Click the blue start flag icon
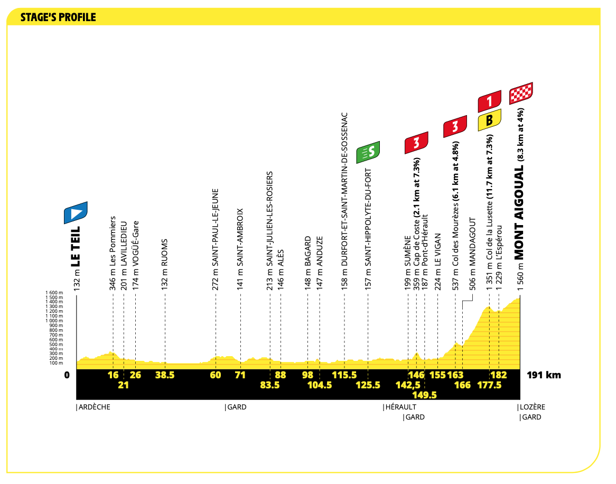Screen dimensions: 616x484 (76, 212)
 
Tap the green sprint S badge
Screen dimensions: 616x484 (368, 152)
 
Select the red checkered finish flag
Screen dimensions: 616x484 (521, 94)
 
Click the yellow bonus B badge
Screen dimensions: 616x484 (490, 120)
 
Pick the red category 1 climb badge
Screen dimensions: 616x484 (490, 101)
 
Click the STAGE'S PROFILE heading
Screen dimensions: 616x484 (58, 17)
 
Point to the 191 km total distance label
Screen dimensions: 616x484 (544, 375)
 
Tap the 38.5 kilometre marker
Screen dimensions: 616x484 (165, 375)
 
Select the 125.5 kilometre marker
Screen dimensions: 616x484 (368, 385)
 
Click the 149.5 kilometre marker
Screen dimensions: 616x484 (424, 395)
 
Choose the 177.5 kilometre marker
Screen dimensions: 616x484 (489, 385)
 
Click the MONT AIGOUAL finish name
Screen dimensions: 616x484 (519, 212)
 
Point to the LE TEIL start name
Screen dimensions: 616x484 (76, 246)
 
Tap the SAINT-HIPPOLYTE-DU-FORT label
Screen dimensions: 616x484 (368, 218)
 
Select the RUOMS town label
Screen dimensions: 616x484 (165, 253)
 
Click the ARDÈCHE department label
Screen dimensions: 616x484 (94, 407)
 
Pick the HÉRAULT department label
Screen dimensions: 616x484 (400, 407)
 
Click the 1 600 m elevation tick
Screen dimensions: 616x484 (54, 293)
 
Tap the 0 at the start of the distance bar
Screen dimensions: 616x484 (67, 375)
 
